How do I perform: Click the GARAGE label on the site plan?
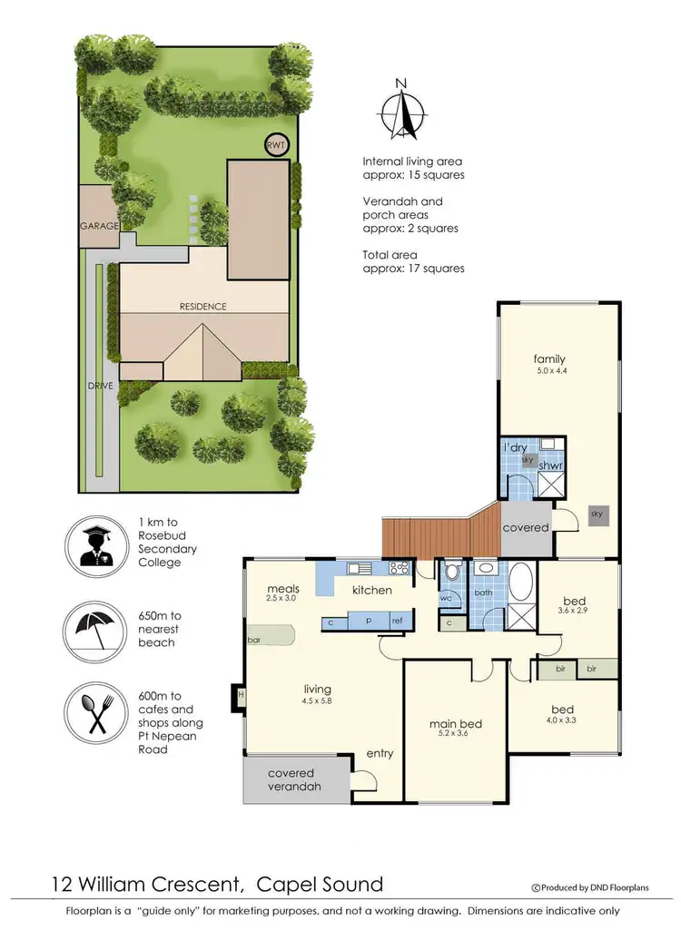[x=98, y=226]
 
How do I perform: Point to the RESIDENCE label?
[x=202, y=307]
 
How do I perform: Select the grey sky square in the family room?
[x=597, y=514]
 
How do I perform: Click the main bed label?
[x=455, y=724]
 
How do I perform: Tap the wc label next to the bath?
[x=446, y=599]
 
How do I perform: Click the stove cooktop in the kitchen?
[x=400, y=569]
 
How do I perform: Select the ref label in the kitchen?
[x=397, y=622]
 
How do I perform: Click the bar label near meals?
[x=254, y=639]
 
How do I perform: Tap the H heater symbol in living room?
[x=240, y=696]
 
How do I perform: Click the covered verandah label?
[x=294, y=779]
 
